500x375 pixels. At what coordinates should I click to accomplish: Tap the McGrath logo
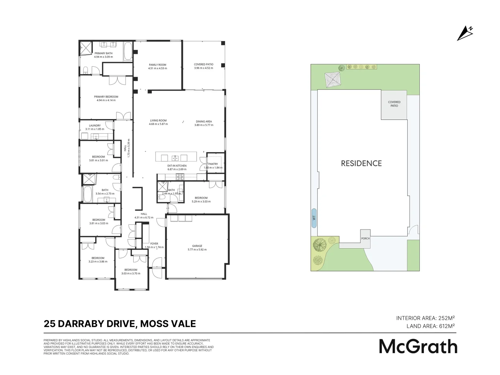(418, 346)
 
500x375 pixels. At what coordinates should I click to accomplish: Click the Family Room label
(158, 65)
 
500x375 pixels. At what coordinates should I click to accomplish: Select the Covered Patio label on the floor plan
(203, 65)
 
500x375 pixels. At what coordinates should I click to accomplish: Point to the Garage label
(197, 246)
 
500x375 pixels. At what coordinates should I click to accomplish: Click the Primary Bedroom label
(106, 97)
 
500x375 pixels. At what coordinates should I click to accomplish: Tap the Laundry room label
(95, 126)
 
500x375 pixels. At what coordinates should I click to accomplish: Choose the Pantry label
(213, 164)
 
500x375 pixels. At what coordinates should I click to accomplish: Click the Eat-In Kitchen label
(177, 166)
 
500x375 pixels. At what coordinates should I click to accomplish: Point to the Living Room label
(158, 121)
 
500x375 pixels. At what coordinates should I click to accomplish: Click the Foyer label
(154, 244)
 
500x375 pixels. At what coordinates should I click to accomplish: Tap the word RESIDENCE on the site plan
(361, 164)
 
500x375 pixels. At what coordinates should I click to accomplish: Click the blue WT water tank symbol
(314, 218)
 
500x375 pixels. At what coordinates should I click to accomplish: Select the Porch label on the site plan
(365, 239)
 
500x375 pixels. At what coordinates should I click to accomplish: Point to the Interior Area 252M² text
(425, 318)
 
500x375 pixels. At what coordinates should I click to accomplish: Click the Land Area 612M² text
(431, 326)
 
